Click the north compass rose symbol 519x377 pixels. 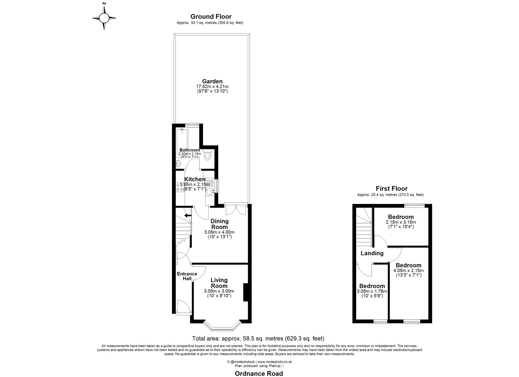pyautogui.click(x=104, y=18)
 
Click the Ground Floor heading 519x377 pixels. pyautogui.click(x=211, y=17)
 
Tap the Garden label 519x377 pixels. pyautogui.click(x=212, y=81)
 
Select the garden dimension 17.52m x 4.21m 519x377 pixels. pyautogui.click(x=212, y=87)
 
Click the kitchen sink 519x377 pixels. pyautogui.click(x=210, y=191)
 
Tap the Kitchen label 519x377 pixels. pyautogui.click(x=195, y=179)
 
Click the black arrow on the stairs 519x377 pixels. pyautogui.click(x=187, y=215)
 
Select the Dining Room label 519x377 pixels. pyautogui.click(x=220, y=224)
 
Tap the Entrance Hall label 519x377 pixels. pyautogui.click(x=187, y=276)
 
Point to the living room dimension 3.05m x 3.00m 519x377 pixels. pyautogui.click(x=219, y=291)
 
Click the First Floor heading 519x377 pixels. pyautogui.click(x=392, y=189)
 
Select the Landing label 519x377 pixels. pyautogui.click(x=372, y=253)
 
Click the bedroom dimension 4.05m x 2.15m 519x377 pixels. pyautogui.click(x=408, y=270)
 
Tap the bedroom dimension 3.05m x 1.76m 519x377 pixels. pyautogui.click(x=372, y=291)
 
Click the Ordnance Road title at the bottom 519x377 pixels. pyautogui.click(x=259, y=373)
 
